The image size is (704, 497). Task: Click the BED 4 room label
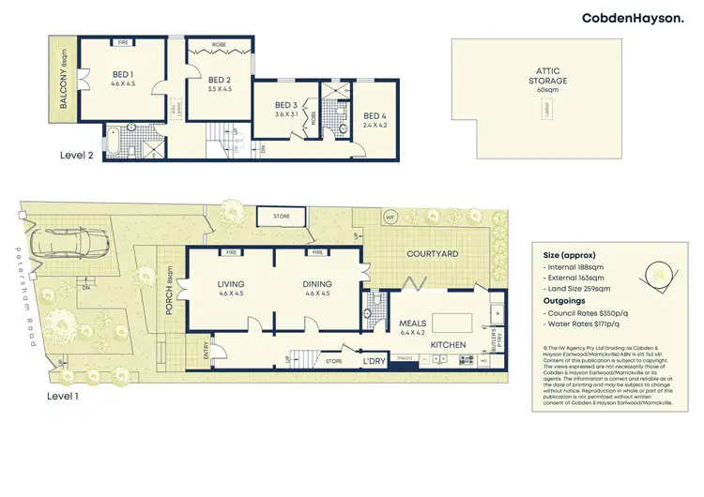[x=375, y=119]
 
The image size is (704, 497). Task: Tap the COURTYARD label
[x=431, y=254]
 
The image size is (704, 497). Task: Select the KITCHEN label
[x=449, y=345]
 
